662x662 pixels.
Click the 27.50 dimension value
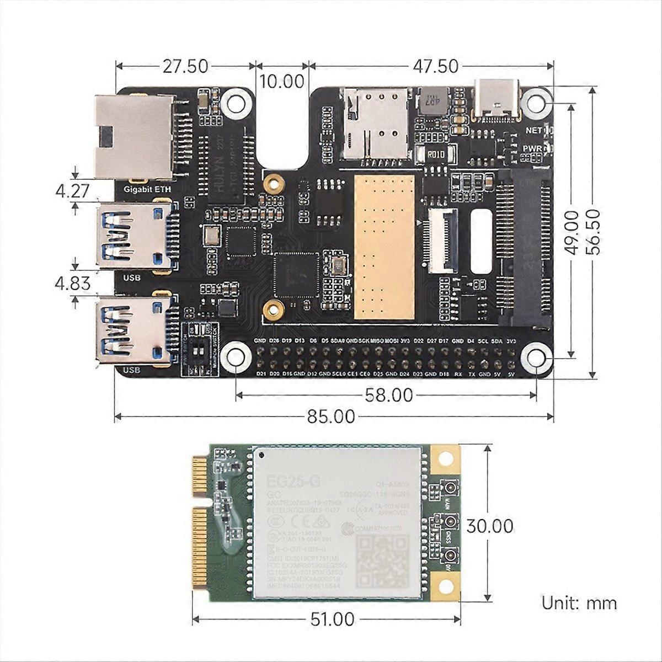(185, 67)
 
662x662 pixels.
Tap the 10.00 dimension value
(282, 81)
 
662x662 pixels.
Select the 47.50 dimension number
(435, 67)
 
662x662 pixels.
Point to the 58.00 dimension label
(388, 395)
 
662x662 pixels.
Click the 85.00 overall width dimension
(331, 417)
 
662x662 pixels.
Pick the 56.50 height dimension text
(594, 232)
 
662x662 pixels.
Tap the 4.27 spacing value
(72, 191)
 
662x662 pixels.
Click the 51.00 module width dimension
(332, 620)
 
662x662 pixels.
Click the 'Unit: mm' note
(579, 602)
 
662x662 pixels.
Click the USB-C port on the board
(496, 99)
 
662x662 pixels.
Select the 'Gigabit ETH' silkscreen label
(147, 189)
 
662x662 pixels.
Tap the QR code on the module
(383, 563)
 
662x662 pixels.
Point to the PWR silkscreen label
(532, 148)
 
